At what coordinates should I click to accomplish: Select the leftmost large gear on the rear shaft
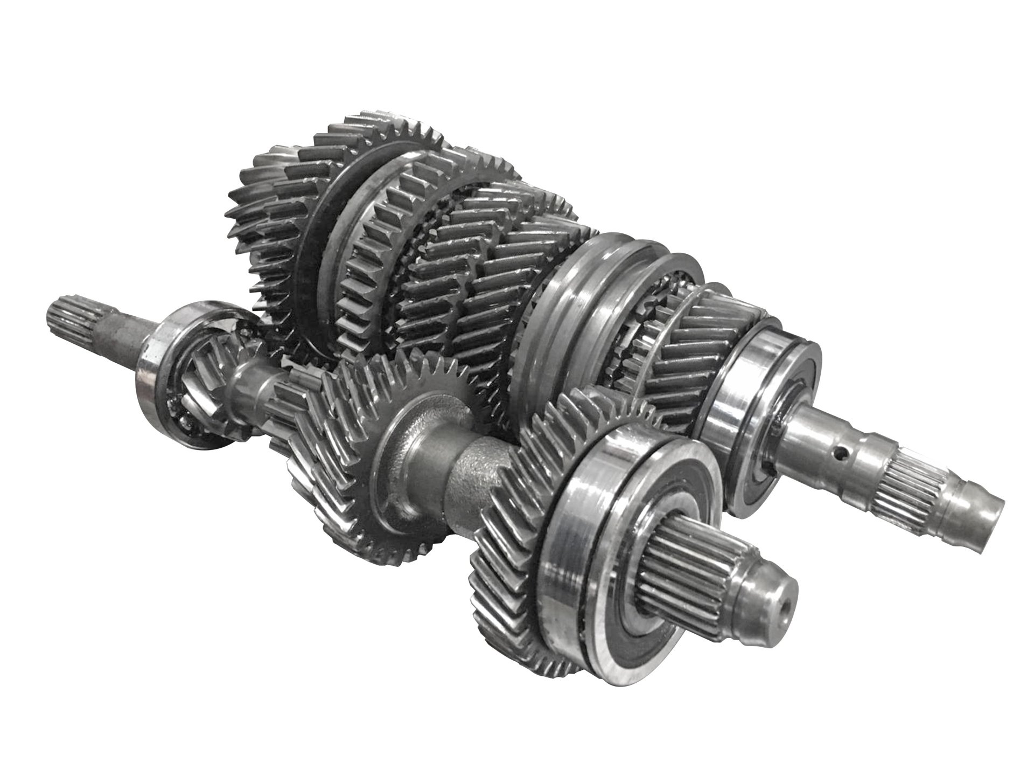[269, 216]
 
